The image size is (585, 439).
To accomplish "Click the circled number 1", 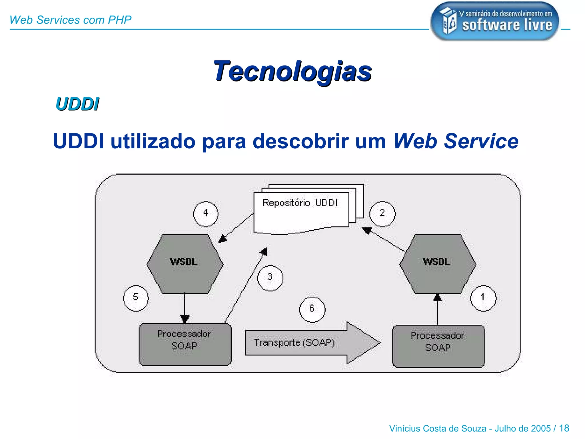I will point(483,298).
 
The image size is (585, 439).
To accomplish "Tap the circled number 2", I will point(382,213).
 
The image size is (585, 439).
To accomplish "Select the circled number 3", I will point(270,278).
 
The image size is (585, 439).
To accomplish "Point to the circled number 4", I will point(205,213).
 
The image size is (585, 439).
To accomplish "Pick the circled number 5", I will point(136,298).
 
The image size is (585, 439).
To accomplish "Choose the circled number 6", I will point(312,309).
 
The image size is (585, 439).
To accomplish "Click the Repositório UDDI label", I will point(300,203).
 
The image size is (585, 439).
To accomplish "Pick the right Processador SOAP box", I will point(438,346).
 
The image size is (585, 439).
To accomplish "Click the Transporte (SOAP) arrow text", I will point(294,342).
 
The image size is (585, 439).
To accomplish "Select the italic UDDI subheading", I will point(77,104).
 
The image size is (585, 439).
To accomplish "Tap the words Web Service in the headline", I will point(456,141).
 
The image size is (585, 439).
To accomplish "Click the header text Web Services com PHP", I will point(70,20).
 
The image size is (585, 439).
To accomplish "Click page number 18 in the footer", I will point(564,428).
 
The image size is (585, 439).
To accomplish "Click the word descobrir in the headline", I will point(300,141).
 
